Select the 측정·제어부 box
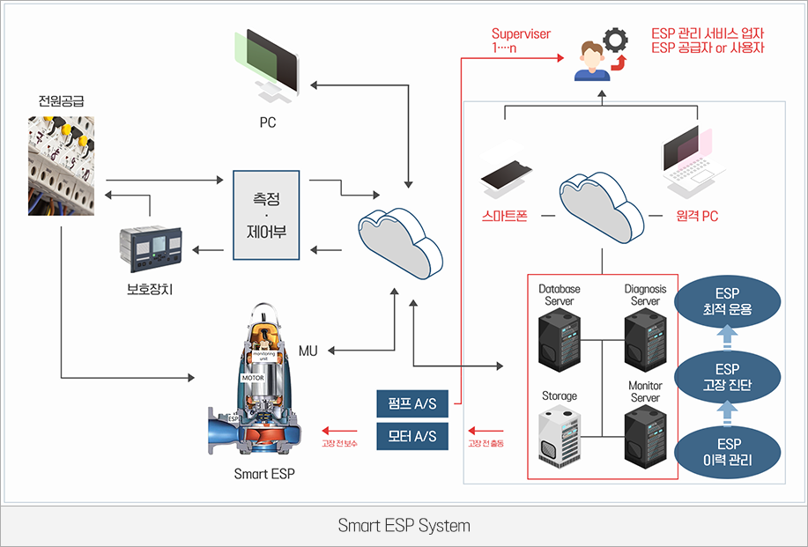click(x=266, y=215)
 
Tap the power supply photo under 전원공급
click(x=61, y=166)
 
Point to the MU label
click(x=308, y=351)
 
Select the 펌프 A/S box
click(x=412, y=404)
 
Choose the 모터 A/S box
click(x=412, y=437)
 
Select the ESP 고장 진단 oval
click(x=727, y=377)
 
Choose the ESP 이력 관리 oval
click(x=727, y=452)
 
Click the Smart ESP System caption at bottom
click(x=404, y=526)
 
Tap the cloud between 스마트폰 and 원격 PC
click(x=601, y=210)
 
